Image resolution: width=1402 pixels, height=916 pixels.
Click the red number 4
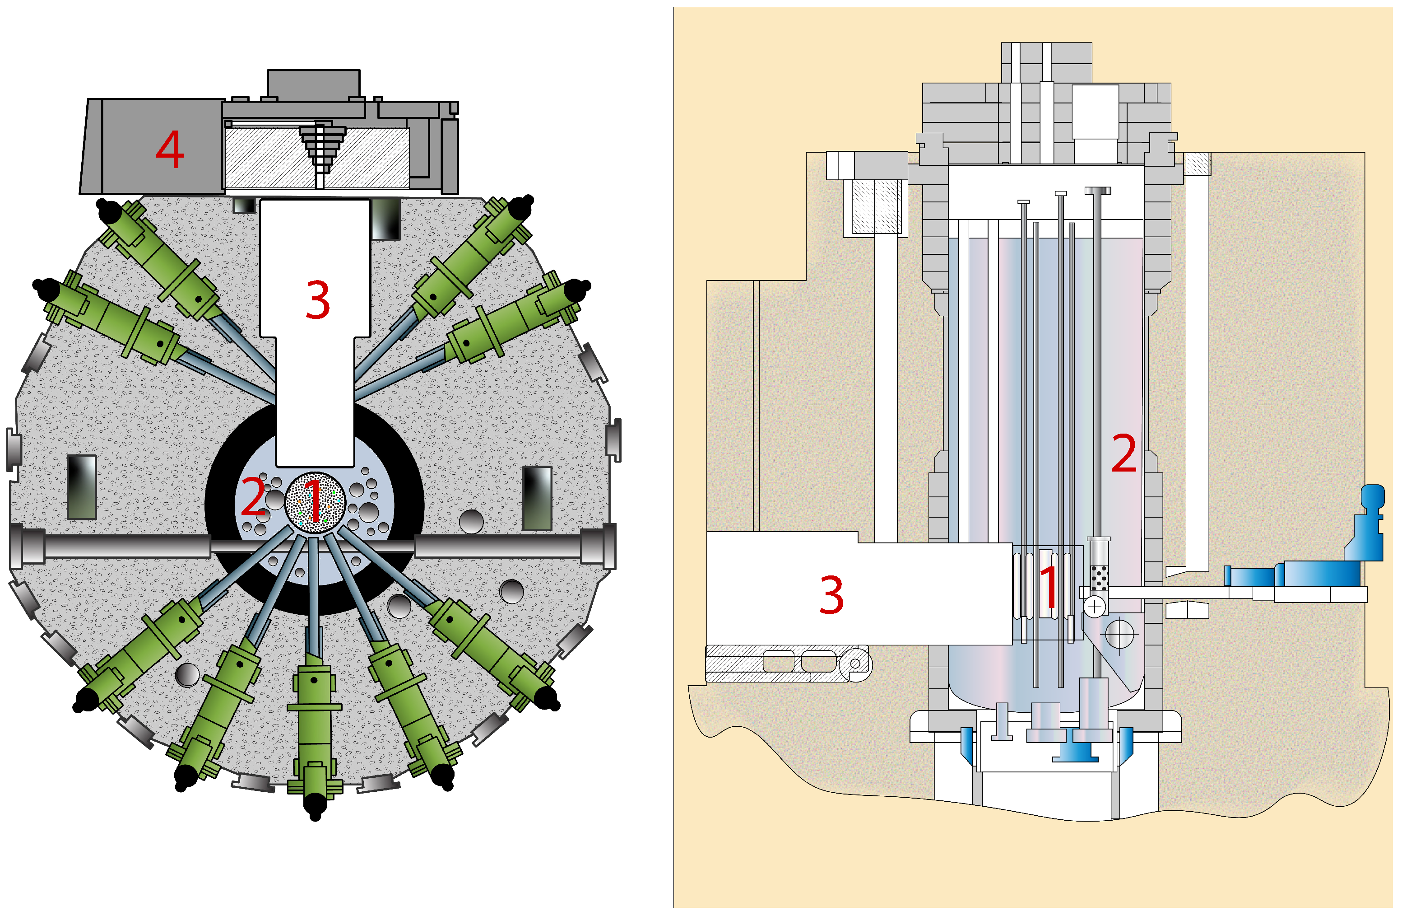coord(170,149)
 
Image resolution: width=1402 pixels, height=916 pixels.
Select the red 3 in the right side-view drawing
coord(831,595)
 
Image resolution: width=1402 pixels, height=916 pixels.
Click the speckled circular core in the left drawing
coord(315,503)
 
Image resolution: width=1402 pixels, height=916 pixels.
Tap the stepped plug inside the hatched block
coord(320,147)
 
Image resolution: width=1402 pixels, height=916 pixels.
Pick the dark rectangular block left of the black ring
coord(82,487)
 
